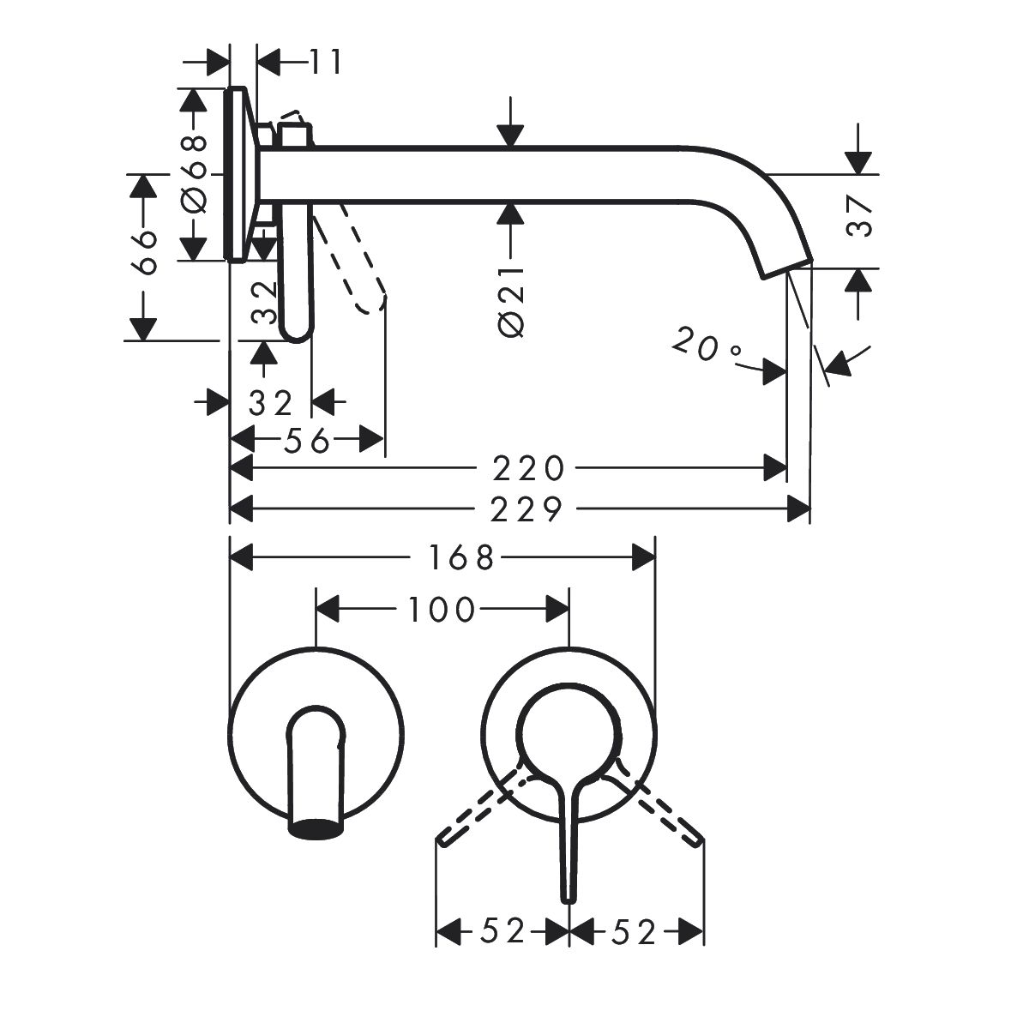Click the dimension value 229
[x=528, y=510]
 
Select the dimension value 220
[x=528, y=468]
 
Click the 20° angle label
[x=707, y=347]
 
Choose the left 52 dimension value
[x=502, y=931]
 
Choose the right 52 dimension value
[x=635, y=931]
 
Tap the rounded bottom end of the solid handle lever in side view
[x=296, y=333]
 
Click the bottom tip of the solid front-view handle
[x=567, y=896]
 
